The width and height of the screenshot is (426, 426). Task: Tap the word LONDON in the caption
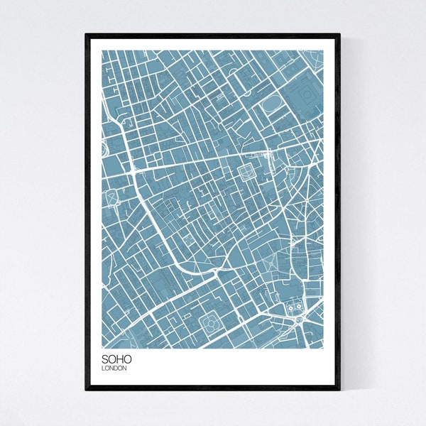pos(114,368)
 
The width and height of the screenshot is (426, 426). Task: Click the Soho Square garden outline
pos(246,171)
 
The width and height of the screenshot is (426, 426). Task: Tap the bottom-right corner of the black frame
pos(339,390)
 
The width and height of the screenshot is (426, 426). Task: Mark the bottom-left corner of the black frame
pos(86,390)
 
